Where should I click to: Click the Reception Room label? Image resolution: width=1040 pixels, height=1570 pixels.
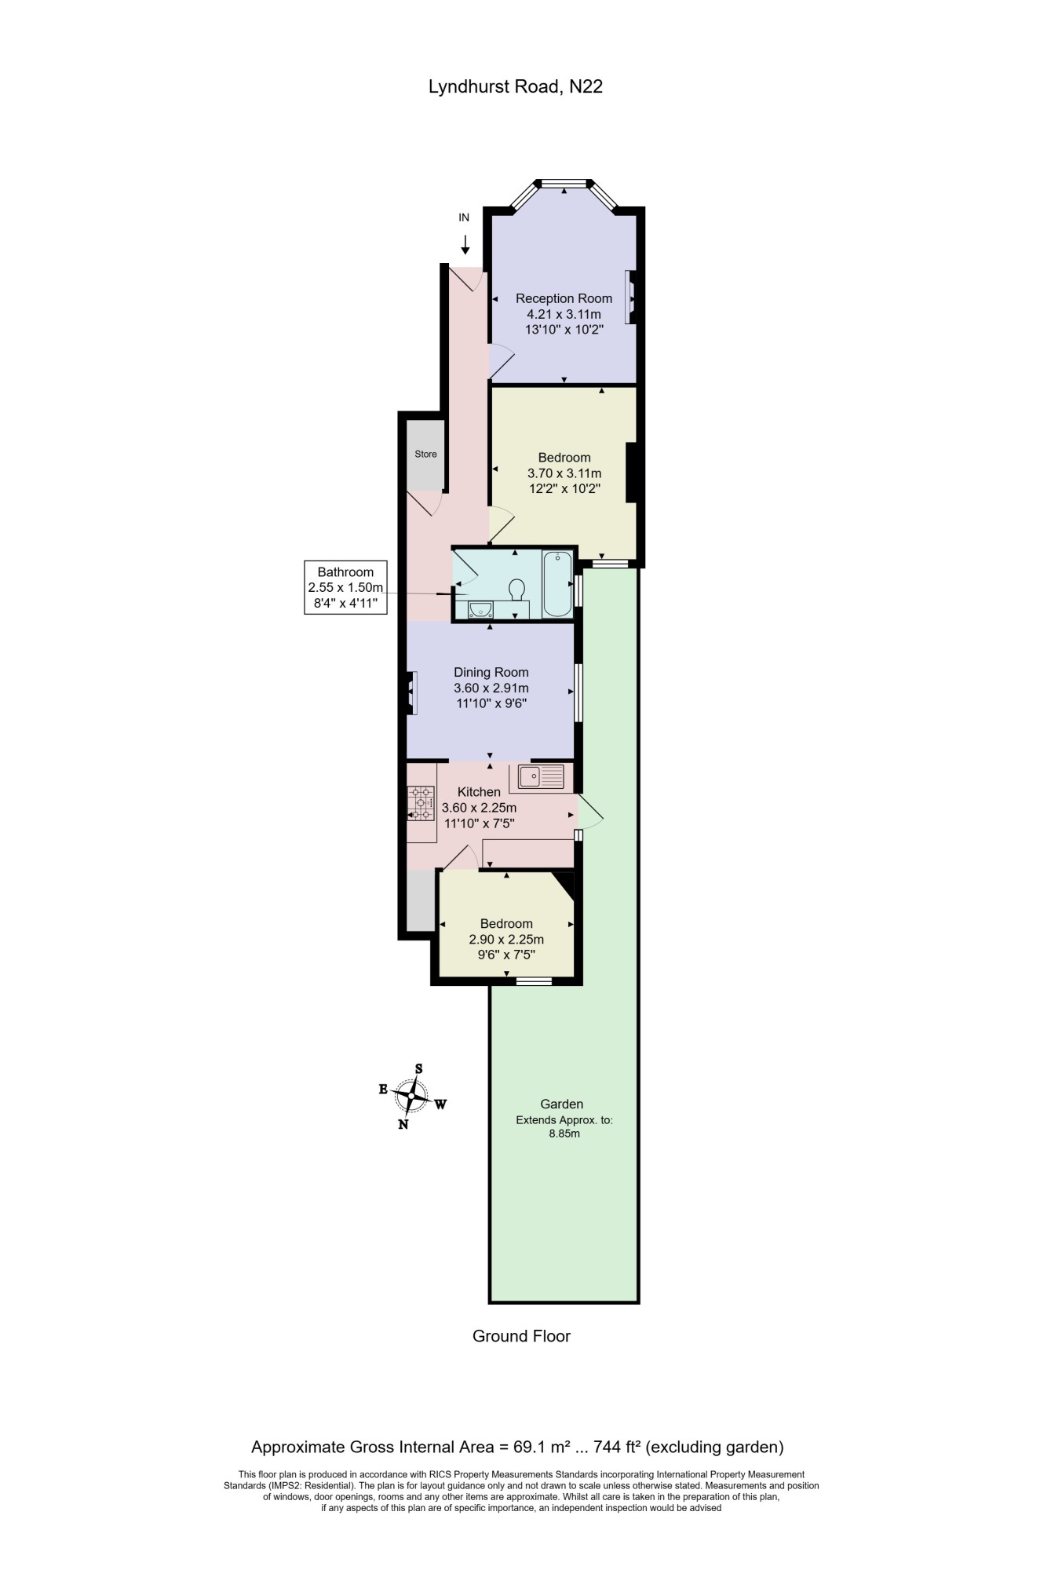tap(564, 298)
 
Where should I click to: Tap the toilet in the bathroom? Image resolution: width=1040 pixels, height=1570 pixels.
tap(517, 589)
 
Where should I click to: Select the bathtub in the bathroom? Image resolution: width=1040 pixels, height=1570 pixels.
tap(557, 584)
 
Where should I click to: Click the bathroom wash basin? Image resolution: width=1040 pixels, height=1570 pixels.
tap(479, 609)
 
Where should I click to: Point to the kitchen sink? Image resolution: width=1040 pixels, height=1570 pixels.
tap(542, 776)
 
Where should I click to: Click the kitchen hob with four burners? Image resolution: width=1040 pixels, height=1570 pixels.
tap(421, 803)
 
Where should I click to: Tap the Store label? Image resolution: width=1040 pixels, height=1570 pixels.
tap(425, 454)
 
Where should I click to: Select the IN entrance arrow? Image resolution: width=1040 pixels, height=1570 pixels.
tap(465, 243)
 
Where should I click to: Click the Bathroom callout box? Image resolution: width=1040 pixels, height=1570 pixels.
tap(345, 587)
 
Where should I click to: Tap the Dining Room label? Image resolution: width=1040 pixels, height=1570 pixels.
tap(491, 672)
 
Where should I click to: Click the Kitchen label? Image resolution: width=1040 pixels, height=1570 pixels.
tap(479, 792)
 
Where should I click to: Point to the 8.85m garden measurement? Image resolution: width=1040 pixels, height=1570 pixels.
tap(564, 1134)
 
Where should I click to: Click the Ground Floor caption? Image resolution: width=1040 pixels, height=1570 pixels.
tap(521, 1336)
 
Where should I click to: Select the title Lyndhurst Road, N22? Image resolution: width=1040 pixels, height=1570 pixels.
tap(516, 87)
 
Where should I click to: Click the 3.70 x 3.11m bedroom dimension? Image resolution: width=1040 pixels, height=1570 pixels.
tap(564, 473)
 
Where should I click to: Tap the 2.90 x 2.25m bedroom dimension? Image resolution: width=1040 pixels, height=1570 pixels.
tap(506, 940)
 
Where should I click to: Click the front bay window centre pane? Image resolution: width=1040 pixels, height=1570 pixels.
tap(564, 184)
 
